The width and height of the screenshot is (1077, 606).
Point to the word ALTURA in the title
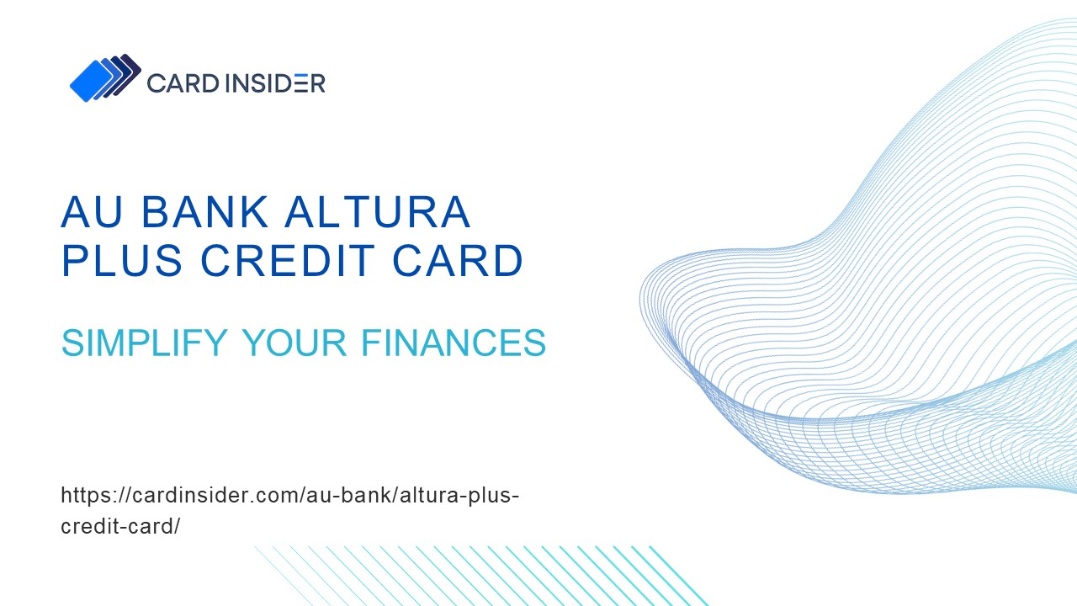(378, 212)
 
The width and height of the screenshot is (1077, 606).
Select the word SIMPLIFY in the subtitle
(144, 343)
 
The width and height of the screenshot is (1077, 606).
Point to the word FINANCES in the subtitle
(454, 343)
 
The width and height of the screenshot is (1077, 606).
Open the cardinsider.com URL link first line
(289, 495)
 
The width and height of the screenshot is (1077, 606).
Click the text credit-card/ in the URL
(120, 527)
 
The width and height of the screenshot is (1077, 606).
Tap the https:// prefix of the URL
(92, 495)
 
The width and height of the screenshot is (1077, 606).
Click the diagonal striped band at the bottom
(480, 576)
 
